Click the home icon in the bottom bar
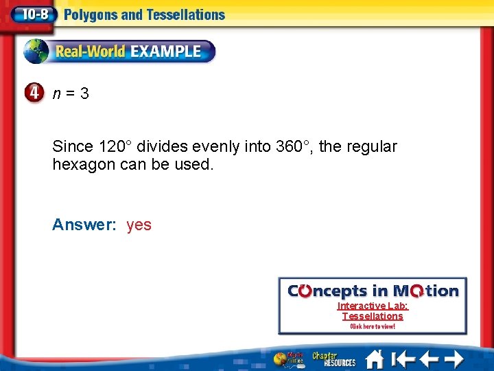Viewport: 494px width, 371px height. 374,359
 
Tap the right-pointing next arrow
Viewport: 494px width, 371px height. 452,359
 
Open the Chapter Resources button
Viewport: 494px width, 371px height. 334,359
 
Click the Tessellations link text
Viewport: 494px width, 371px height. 373,316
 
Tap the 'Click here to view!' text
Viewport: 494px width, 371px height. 373,326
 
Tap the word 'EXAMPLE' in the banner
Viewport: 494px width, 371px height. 165,52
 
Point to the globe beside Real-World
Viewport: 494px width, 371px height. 37,52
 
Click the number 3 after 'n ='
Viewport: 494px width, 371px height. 84,93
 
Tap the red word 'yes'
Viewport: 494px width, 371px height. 139,225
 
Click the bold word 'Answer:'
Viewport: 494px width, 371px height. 84,225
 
